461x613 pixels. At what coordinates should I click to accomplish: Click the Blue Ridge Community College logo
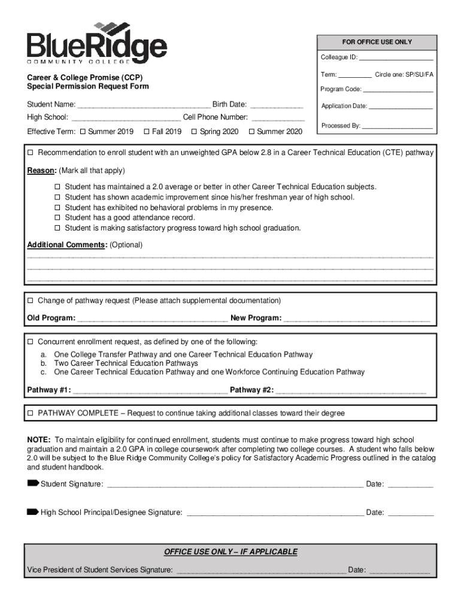point(96,43)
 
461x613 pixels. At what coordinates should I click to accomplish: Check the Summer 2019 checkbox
point(83,132)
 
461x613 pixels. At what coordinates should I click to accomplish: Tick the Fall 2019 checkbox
point(147,132)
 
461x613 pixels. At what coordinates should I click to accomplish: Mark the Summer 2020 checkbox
point(251,132)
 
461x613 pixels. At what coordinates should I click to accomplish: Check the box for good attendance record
point(58,218)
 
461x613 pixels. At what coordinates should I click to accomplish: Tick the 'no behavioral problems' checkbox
point(58,208)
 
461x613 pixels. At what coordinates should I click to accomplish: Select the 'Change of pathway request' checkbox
point(31,301)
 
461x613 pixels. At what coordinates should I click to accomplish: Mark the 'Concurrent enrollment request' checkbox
point(31,342)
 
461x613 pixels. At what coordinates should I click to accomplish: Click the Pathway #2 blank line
point(351,392)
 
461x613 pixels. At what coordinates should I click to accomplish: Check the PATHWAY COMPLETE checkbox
point(31,414)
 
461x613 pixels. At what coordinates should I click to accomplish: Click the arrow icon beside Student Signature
point(33,483)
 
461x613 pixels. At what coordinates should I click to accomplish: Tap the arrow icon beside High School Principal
point(33,512)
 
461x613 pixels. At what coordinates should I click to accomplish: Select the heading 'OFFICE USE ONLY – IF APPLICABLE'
point(230,552)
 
